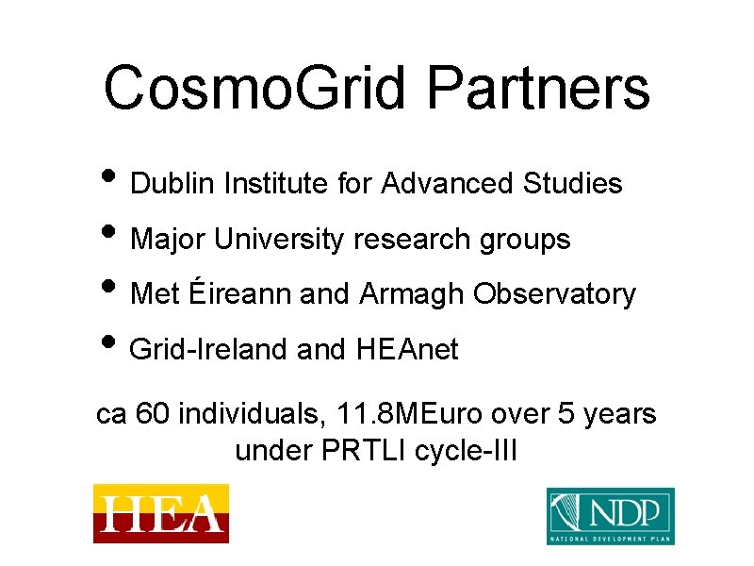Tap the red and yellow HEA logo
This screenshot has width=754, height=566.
[x=160, y=513]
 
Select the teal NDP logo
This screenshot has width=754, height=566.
[x=611, y=516]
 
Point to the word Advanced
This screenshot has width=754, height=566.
[x=448, y=184]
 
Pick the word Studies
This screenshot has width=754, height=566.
[x=572, y=184]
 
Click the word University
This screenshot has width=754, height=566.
[x=280, y=240]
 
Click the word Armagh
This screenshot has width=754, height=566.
[x=412, y=295]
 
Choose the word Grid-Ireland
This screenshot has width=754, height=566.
[x=208, y=350]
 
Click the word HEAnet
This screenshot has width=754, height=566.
[x=407, y=350]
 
